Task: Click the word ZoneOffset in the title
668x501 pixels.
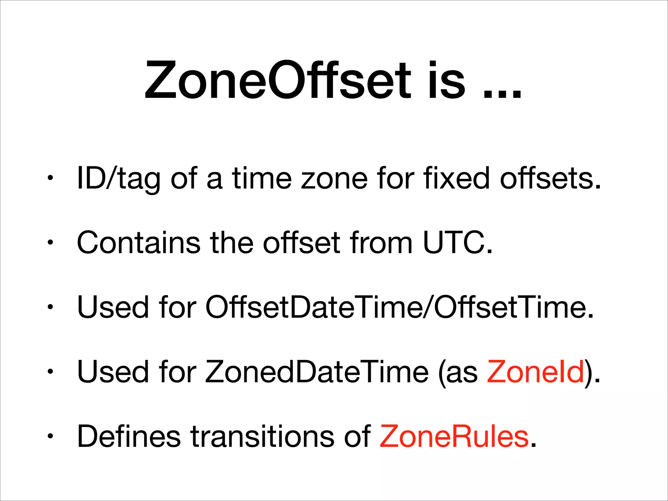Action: pos(277,80)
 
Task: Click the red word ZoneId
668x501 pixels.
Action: pos(535,372)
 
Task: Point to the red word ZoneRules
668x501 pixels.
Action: pos(454,436)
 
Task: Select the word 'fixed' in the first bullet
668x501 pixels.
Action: pos(456,178)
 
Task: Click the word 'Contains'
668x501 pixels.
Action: pos(139,242)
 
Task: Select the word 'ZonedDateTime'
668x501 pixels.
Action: pos(316,372)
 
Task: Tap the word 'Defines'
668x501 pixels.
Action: pos(129,436)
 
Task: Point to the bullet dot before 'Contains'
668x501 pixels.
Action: pos(50,243)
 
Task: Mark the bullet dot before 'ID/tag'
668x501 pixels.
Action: pos(50,178)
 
